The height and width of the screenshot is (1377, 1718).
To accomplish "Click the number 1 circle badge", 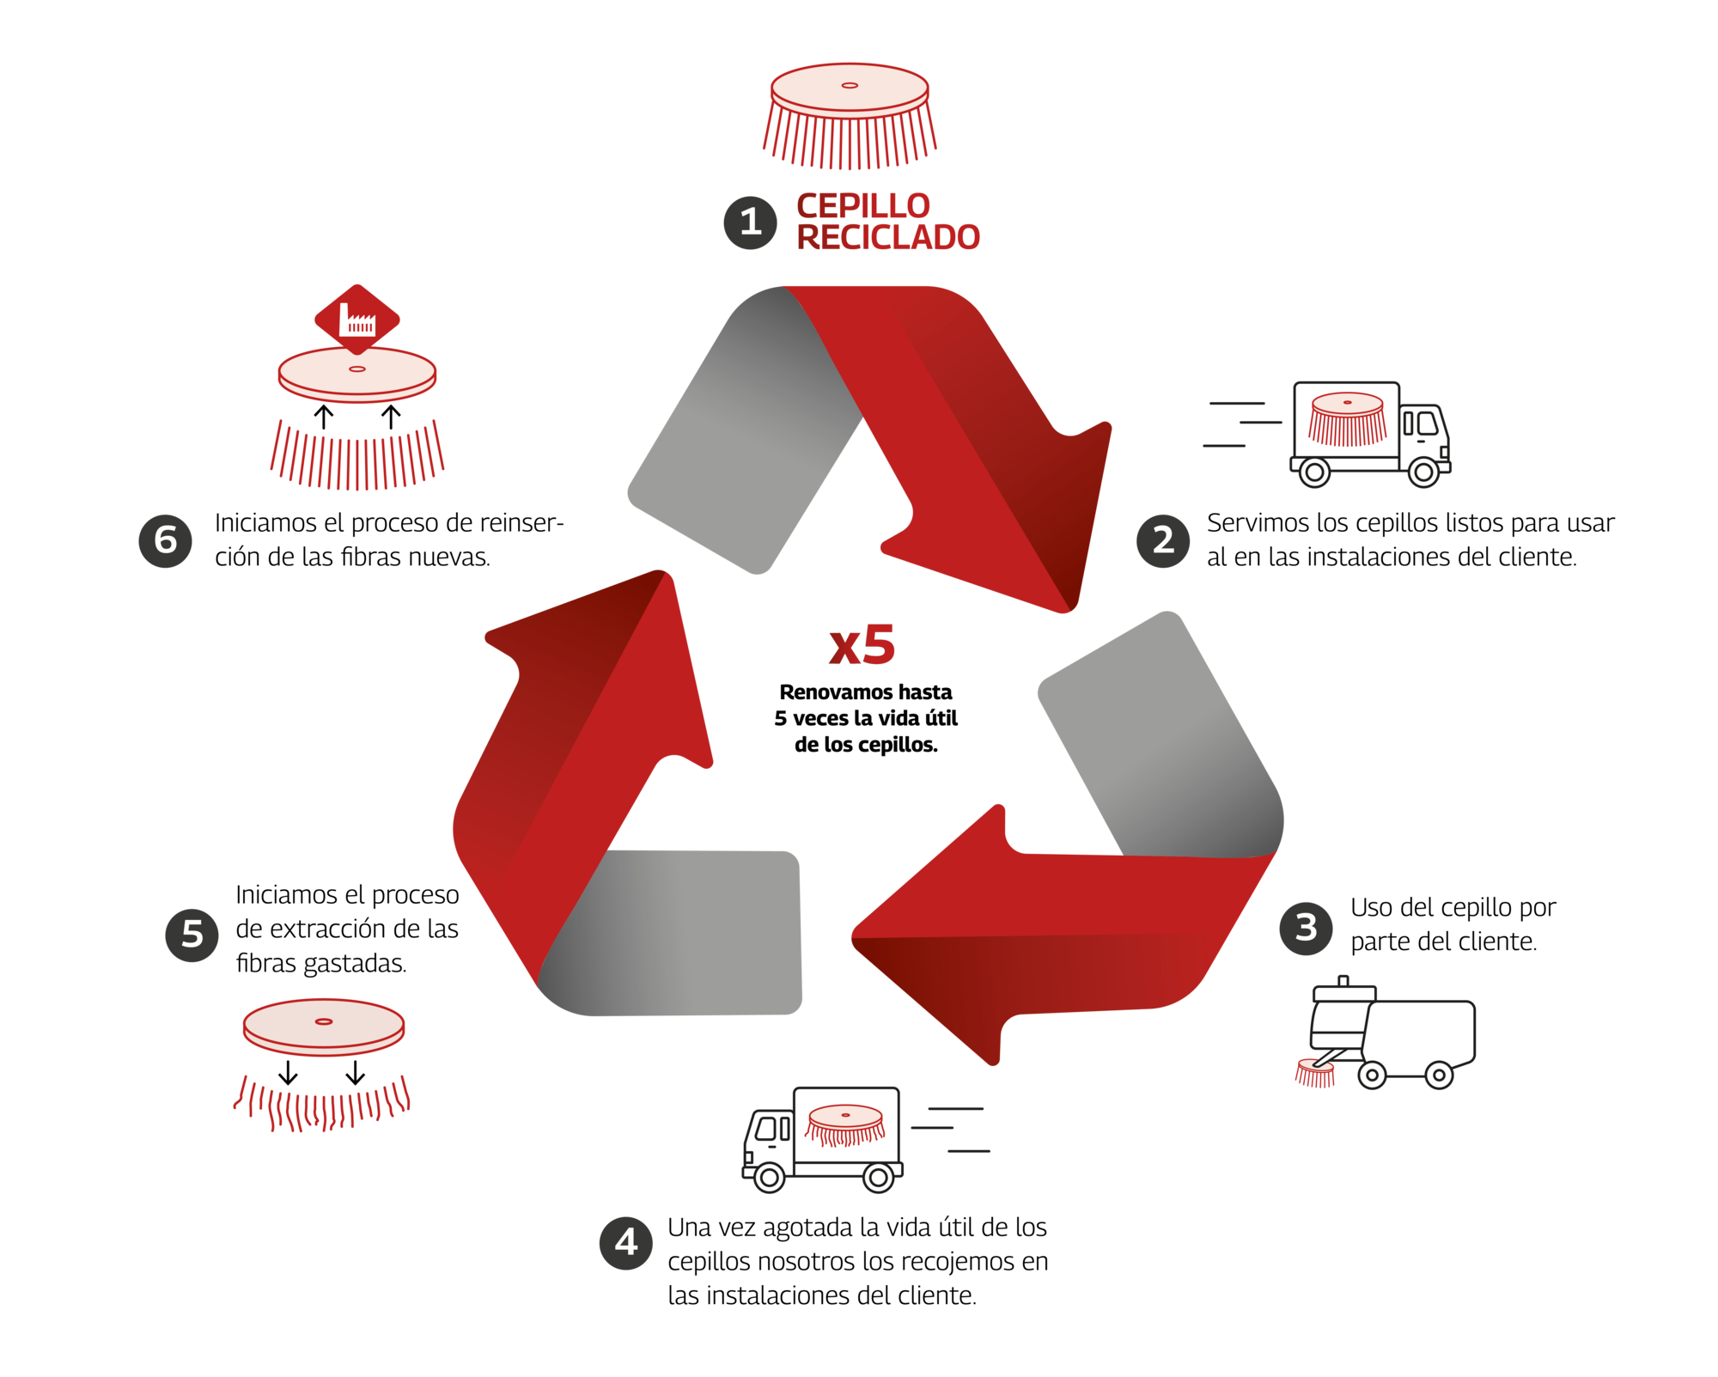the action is click(750, 223).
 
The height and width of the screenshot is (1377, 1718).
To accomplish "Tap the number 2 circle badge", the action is click(1163, 540).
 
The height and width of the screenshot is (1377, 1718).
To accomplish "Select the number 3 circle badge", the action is click(1306, 928).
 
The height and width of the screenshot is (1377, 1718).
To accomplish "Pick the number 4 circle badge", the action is click(626, 1242).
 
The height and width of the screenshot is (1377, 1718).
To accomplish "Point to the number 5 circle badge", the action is click(192, 935).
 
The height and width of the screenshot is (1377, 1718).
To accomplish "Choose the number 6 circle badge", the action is click(166, 540).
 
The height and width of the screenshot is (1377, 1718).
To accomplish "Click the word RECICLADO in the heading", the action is click(888, 238).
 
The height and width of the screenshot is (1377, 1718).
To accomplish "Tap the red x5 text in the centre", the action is click(862, 645).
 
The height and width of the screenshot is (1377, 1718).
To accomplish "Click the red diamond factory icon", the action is click(357, 320).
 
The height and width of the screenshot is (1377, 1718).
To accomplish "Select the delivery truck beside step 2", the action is click(1371, 435).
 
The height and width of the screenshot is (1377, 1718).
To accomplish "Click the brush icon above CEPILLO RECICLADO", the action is click(850, 116).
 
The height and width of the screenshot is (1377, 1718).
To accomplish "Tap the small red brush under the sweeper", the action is click(1315, 1073).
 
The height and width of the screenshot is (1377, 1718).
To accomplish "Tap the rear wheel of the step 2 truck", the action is click(1314, 472).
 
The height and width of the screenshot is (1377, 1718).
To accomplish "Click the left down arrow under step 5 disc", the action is click(289, 1073).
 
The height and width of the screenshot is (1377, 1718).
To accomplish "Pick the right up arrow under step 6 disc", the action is click(391, 417).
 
